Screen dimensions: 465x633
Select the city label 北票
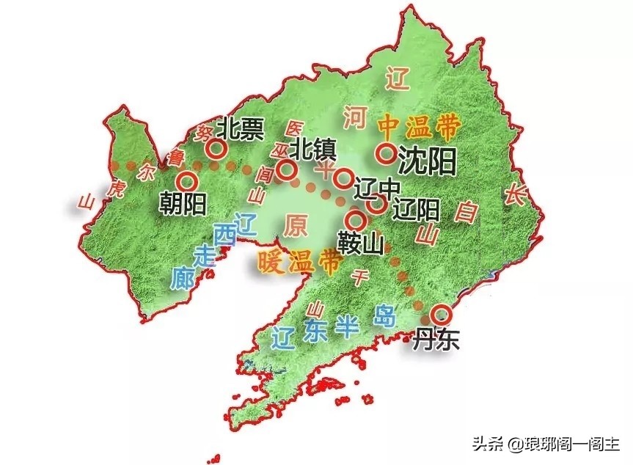pyautogui.click(x=243, y=130)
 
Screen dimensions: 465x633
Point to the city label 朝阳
pyautogui.click(x=182, y=203)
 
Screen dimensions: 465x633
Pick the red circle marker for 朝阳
pyautogui.click(x=186, y=180)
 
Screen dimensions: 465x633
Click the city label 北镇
pyautogui.click(x=312, y=150)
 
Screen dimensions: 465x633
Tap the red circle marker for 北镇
pyautogui.click(x=288, y=170)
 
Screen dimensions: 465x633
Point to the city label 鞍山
pyautogui.click(x=361, y=242)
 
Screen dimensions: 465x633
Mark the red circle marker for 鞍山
pyautogui.click(x=357, y=219)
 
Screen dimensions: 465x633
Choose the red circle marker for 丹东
pyautogui.click(x=440, y=314)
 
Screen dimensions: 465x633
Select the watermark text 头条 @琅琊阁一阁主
pyautogui.click(x=545, y=444)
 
